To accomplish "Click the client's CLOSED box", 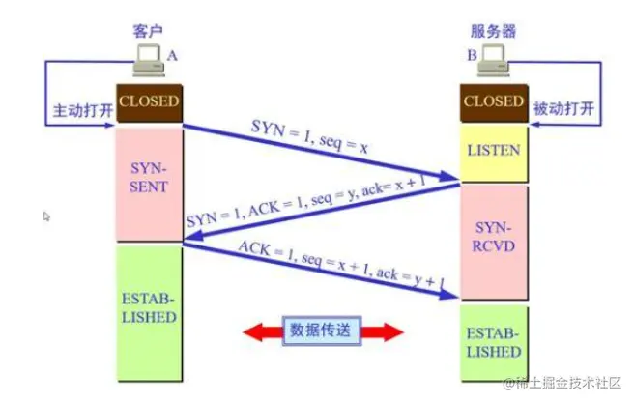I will [x=149, y=101].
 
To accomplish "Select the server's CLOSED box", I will [x=494, y=101].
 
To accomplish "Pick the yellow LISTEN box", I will [x=494, y=150].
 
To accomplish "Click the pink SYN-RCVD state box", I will [x=494, y=241].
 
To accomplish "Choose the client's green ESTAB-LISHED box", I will [x=149, y=307].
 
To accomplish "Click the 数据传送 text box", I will [x=323, y=331].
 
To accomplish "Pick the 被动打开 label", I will [x=563, y=110].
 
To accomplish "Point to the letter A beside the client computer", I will [x=172, y=57].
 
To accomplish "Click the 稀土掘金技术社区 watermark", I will [x=562, y=384].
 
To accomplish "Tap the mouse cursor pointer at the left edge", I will [x=47, y=216].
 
